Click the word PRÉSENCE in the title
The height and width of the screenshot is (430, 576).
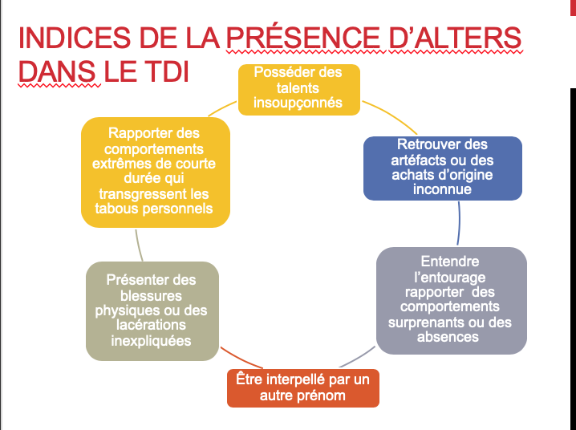click(x=308, y=40)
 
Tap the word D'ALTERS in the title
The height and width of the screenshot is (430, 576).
click(x=454, y=40)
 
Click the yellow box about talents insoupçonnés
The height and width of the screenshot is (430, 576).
click(x=298, y=88)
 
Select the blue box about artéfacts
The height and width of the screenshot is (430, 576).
click(x=442, y=168)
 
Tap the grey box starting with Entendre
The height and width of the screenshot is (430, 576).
click(x=451, y=300)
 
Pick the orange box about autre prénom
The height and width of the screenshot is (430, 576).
click(x=302, y=387)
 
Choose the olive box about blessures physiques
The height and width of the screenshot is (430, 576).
click(x=152, y=310)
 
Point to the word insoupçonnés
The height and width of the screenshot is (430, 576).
click(x=298, y=103)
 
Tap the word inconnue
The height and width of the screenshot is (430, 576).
click(x=442, y=190)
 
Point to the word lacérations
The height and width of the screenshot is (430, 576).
click(x=152, y=325)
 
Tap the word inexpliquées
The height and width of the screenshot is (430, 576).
click(x=152, y=340)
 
